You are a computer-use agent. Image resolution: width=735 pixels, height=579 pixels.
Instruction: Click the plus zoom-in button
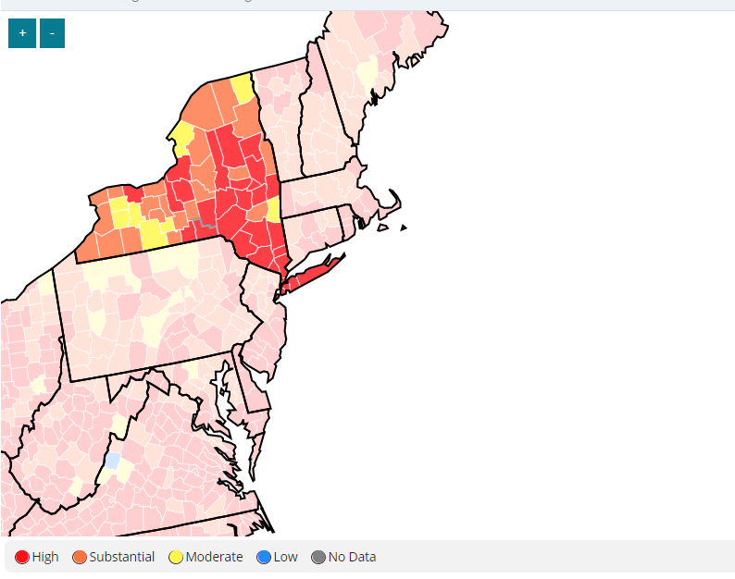click(x=22, y=33)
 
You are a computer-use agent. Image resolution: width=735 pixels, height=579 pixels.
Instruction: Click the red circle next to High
click(x=22, y=557)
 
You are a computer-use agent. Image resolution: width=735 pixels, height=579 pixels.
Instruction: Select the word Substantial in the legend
click(x=121, y=557)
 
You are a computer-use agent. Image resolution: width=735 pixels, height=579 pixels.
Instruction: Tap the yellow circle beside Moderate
click(x=175, y=557)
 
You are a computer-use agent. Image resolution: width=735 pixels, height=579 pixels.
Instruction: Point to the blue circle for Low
click(x=264, y=557)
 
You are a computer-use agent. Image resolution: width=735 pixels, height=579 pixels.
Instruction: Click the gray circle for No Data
click(x=318, y=557)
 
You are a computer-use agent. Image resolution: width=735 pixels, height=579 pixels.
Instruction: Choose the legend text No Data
click(x=352, y=557)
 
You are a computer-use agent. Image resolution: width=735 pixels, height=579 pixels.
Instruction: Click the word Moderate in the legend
click(x=214, y=557)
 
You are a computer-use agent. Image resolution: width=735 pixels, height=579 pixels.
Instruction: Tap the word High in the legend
click(x=44, y=557)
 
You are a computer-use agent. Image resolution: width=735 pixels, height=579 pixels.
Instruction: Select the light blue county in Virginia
click(x=112, y=460)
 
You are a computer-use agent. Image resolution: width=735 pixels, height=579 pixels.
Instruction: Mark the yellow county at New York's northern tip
click(x=243, y=89)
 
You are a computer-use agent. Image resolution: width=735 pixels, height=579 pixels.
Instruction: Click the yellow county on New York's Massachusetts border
click(x=273, y=209)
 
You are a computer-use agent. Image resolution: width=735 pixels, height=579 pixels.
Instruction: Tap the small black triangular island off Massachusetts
click(x=404, y=228)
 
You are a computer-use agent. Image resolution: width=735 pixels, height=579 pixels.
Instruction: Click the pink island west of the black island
click(x=382, y=227)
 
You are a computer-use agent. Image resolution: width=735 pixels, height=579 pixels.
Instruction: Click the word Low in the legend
click(x=286, y=557)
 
